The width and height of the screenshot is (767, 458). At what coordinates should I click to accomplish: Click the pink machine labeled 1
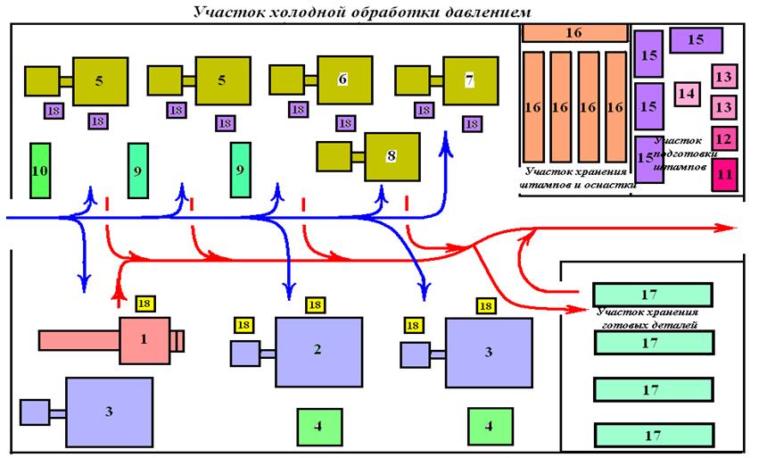tap(143, 340)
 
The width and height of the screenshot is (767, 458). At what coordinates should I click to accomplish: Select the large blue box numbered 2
tap(318, 349)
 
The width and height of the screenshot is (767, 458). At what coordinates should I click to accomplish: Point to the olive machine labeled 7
tap(469, 79)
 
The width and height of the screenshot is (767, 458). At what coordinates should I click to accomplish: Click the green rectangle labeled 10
tap(39, 170)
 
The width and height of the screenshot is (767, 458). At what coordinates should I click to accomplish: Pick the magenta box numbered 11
tap(724, 173)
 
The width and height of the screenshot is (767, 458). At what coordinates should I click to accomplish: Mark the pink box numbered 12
tap(724, 139)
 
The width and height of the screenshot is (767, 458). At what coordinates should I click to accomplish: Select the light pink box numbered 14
tap(686, 92)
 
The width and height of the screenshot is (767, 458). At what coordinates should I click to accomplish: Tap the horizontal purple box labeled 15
tap(696, 40)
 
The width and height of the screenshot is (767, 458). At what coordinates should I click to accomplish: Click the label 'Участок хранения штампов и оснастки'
tap(577, 179)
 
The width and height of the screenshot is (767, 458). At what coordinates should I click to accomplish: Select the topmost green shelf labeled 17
tap(653, 294)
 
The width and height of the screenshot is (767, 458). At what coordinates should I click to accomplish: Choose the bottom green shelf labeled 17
tap(653, 435)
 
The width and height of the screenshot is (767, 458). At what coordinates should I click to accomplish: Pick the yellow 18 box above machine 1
tap(144, 304)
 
